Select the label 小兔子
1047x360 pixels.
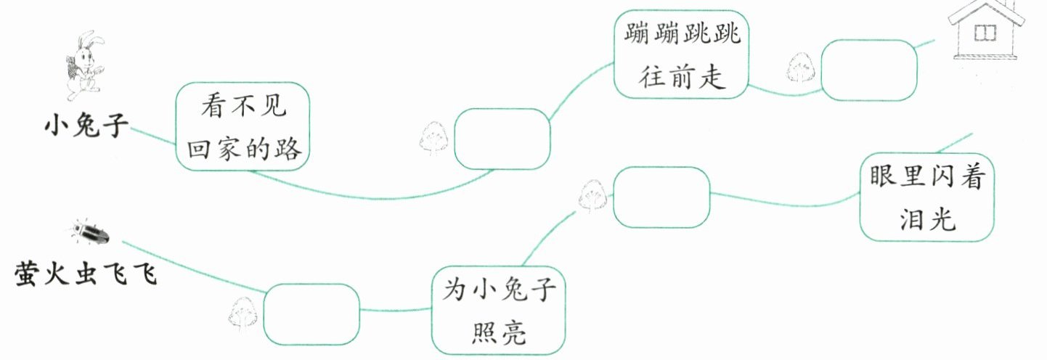coord(86,127)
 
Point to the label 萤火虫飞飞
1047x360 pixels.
coord(86,274)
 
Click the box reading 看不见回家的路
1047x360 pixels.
coord(243,127)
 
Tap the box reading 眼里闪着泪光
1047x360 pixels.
coord(926,197)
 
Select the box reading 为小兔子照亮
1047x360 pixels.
coord(499,310)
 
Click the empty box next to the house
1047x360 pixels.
coord(869,69)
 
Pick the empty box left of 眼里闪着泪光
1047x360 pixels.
coord(661,196)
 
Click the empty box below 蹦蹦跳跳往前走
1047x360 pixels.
coord(502,139)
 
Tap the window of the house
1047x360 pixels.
coord(985,33)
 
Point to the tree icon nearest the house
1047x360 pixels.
coord(802,69)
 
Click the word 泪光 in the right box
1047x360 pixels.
coord(926,219)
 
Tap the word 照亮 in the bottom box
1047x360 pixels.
coord(499,332)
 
